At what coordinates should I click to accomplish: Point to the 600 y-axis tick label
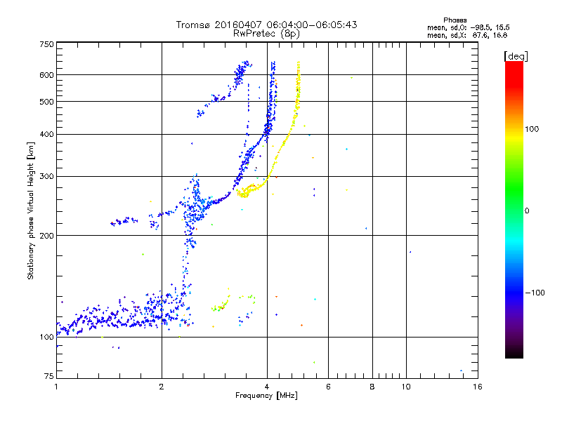point(46,74)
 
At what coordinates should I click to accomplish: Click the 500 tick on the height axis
point(46,102)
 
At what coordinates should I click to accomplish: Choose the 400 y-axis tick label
point(46,134)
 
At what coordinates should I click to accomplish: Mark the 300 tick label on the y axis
point(46,176)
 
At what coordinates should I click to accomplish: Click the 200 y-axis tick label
point(46,235)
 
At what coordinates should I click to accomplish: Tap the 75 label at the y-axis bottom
point(48,377)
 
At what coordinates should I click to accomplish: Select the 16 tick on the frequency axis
point(477,387)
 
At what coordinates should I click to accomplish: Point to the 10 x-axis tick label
point(406,387)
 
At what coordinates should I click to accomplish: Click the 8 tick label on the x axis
point(372,387)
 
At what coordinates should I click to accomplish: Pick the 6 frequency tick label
point(329,387)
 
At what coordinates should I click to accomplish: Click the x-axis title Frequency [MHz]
point(266,396)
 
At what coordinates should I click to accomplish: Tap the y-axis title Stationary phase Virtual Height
point(31,210)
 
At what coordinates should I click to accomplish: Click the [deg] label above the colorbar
point(515,55)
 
